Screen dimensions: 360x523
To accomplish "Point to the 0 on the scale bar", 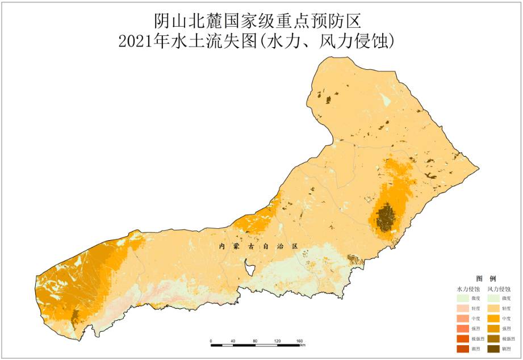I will (x=211, y=341).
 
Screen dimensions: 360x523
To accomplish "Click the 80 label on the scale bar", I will (x=256, y=341).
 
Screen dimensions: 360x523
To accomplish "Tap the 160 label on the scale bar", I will (x=299, y=341).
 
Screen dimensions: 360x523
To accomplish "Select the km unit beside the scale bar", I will (x=303, y=345).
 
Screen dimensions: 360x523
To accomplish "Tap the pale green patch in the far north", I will (x=386, y=101).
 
